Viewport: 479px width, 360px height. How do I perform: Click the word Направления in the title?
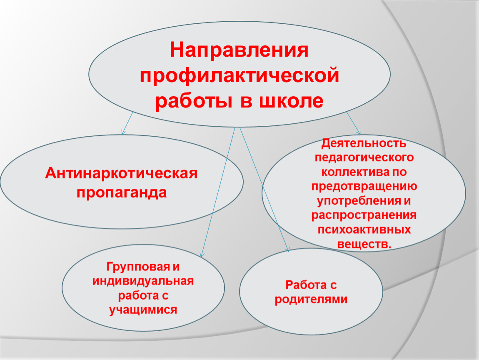point(239,50)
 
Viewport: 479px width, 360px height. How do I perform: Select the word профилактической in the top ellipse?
point(239,76)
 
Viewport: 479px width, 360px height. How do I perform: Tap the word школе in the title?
point(292,101)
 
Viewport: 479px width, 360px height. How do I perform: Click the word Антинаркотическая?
point(121,173)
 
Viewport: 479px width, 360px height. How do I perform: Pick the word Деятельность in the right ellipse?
point(364,144)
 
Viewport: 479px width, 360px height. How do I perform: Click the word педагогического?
point(364,158)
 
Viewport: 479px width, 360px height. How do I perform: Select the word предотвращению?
point(364,187)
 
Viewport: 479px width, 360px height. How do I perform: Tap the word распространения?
point(364,215)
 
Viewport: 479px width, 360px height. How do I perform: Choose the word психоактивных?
point(364,230)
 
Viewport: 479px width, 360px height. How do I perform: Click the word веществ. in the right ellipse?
point(364,244)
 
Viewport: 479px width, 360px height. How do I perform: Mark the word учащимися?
point(143,310)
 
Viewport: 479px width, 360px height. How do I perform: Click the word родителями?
point(311,300)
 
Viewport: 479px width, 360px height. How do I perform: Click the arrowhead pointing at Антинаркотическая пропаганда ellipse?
point(123,132)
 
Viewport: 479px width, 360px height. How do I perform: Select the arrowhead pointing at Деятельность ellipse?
point(359,132)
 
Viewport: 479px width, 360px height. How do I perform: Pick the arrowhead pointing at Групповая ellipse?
point(202,255)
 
